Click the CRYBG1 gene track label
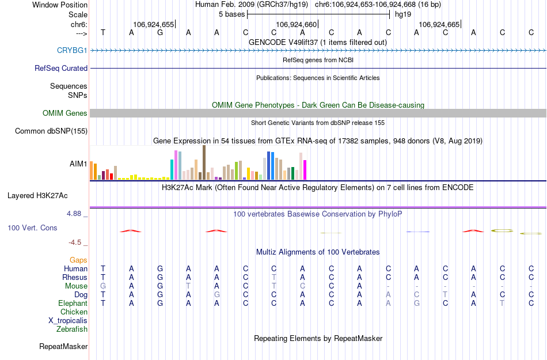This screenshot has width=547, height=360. pyautogui.click(x=72, y=50)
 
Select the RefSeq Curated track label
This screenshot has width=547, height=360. pyautogui.click(x=61, y=68)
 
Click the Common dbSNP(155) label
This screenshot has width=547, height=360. pyautogui.click(x=51, y=131)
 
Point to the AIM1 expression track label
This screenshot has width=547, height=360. pyautogui.click(x=78, y=164)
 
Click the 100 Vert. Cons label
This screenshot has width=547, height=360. pyautogui.click(x=32, y=228)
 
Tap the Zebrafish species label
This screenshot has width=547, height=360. pyautogui.click(x=72, y=329)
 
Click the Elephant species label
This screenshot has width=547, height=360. pyautogui.click(x=73, y=303)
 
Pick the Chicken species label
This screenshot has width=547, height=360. pyautogui.click(x=74, y=312)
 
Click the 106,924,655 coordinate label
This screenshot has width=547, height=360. pyautogui.click(x=153, y=24)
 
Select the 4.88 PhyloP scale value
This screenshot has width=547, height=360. pyautogui.click(x=76, y=214)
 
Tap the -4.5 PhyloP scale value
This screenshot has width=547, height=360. pyautogui.click(x=78, y=242)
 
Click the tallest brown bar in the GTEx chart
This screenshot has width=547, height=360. pyautogui.click(x=204, y=163)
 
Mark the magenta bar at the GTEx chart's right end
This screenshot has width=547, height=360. pyautogui.click(x=305, y=170)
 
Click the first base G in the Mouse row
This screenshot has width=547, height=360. pyautogui.click(x=103, y=286)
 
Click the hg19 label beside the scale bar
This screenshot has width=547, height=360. pyautogui.click(x=402, y=14)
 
